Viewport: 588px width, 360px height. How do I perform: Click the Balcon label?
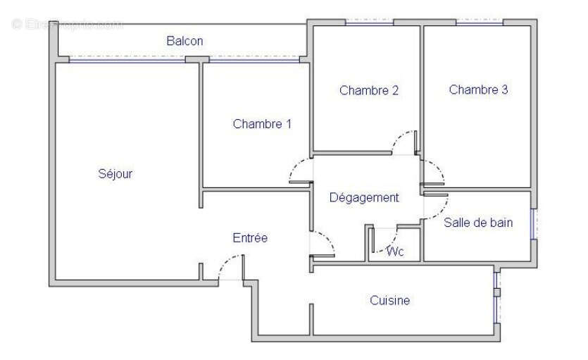[184, 41]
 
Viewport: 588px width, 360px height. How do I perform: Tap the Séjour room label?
[115, 173]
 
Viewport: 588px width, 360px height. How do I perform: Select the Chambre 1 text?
[262, 124]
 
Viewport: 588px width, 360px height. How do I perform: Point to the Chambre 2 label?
[369, 89]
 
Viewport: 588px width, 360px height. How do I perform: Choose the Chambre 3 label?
[478, 89]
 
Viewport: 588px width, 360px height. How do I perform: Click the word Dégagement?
[364, 197]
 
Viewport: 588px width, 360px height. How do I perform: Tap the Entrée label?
[250, 238]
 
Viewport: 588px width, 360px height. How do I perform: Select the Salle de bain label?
[478, 223]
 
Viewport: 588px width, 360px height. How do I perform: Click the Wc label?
[395, 252]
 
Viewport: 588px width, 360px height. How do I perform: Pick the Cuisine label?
[389, 301]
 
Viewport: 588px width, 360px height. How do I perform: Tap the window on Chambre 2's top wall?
[368, 23]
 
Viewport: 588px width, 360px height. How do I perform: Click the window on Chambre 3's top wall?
[479, 23]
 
